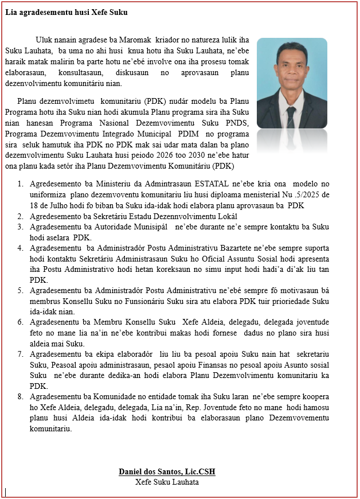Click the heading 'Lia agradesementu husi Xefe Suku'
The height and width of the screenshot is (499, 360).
(66, 12)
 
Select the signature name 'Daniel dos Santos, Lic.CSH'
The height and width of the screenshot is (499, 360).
(167, 472)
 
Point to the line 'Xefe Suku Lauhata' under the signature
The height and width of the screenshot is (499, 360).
(167, 482)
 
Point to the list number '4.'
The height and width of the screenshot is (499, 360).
(20, 248)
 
